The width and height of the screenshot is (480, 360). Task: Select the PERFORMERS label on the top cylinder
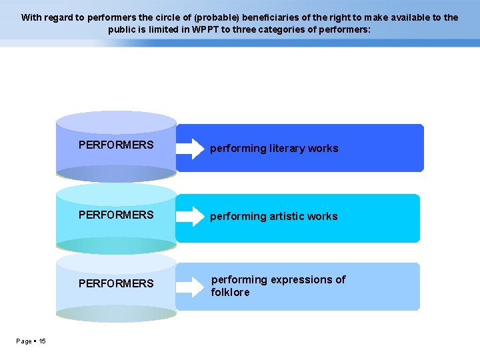[116, 145]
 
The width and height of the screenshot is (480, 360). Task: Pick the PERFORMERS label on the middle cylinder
[116, 215]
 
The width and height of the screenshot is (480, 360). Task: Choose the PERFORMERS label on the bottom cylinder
[116, 283]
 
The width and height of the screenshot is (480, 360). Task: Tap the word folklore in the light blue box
[230, 293]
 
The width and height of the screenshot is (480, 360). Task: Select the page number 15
[42, 341]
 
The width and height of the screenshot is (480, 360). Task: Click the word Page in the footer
[24, 341]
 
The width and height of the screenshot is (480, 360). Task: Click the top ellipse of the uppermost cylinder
[116, 122]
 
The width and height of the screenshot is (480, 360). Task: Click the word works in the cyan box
[323, 217]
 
